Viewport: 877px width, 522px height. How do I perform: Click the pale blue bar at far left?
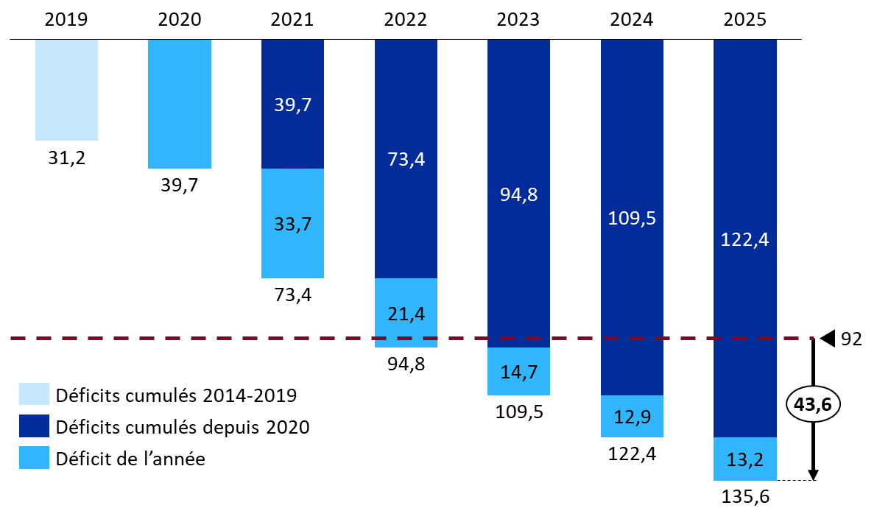(66, 90)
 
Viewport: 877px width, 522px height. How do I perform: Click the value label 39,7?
(292, 105)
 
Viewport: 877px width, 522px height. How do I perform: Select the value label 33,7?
(292, 225)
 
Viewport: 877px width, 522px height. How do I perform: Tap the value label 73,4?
(406, 160)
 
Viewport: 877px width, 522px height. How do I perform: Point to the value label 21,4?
(406, 314)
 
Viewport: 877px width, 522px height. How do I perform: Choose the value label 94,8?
(518, 195)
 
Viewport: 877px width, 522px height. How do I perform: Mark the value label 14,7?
(518, 373)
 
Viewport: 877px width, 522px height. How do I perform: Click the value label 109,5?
(632, 219)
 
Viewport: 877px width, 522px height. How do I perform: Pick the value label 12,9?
(632, 417)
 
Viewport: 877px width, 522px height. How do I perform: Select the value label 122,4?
(744, 240)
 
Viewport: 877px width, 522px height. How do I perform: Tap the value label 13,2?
(744, 460)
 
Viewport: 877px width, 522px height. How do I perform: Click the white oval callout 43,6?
(813, 404)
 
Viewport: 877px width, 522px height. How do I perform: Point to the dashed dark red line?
(221, 338)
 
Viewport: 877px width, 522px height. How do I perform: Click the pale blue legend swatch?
(34, 394)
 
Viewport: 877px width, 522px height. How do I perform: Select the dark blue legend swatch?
(34, 426)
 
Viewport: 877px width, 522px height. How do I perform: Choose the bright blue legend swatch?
(34, 457)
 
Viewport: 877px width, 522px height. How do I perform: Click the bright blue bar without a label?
(180, 104)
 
